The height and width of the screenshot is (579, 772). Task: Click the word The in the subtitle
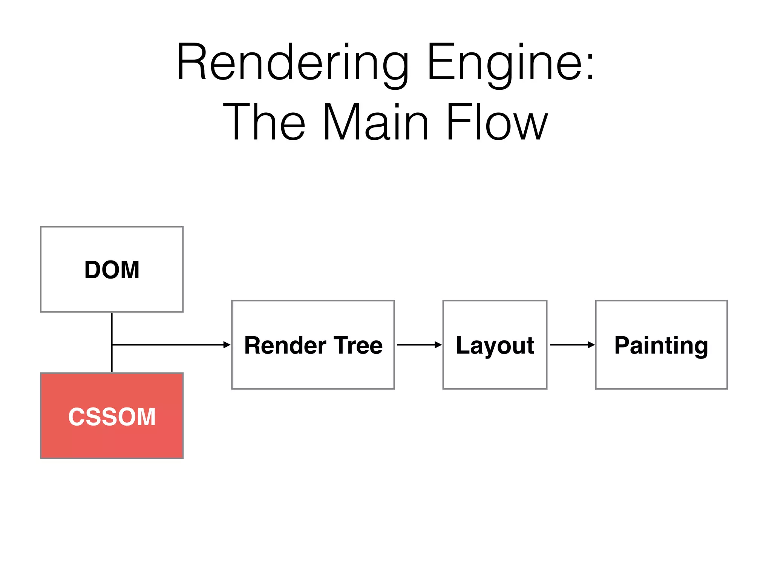click(264, 123)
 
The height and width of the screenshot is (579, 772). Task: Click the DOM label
click(112, 270)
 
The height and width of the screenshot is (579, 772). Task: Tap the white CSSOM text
click(112, 417)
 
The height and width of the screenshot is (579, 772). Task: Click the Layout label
click(495, 345)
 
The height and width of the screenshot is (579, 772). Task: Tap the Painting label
click(661, 345)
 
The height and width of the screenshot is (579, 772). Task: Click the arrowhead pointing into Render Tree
click(227, 345)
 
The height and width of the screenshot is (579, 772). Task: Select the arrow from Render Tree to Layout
click(419, 345)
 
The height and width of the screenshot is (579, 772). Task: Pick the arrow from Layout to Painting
click(572, 345)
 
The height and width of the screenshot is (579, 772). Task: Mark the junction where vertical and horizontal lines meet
click(112, 345)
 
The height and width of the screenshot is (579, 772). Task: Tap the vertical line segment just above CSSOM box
click(112, 362)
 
